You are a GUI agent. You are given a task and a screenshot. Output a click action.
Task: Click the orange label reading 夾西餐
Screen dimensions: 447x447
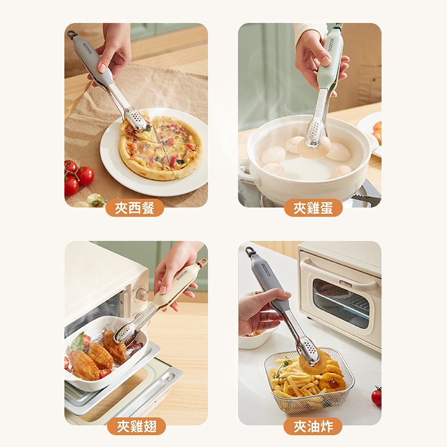click(135, 207)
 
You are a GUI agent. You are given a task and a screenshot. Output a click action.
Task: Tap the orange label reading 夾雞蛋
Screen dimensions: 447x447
click(313, 207)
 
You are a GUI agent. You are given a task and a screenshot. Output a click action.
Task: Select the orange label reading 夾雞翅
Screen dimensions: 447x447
click(136, 426)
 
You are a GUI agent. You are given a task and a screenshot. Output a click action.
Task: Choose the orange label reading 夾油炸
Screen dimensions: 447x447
click(313, 426)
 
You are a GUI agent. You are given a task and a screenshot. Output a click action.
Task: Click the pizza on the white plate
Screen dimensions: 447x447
click(161, 148)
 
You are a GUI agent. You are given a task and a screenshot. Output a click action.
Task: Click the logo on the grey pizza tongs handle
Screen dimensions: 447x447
click(87, 48)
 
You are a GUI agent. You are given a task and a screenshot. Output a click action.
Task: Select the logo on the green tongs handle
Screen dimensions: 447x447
click(331, 44)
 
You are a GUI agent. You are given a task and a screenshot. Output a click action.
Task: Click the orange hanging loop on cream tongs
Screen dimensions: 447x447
click(202, 262)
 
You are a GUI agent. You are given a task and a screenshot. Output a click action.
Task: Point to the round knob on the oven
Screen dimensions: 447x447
click(143, 295)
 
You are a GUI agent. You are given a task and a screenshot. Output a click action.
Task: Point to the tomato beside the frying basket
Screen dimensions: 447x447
click(376, 396)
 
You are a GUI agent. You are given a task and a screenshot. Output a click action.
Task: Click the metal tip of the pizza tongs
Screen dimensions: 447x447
click(137, 121)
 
